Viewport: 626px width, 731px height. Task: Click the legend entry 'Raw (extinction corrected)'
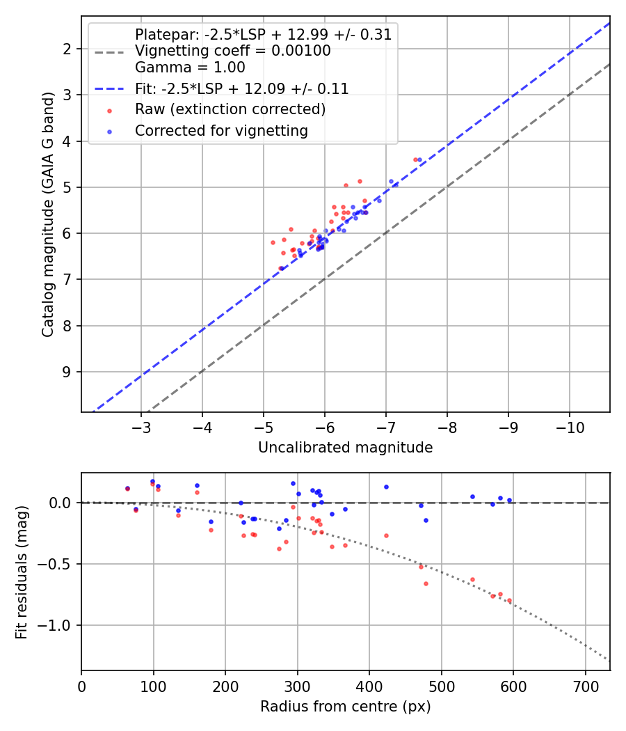[x=230, y=109]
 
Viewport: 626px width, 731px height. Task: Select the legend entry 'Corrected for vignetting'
[x=221, y=130]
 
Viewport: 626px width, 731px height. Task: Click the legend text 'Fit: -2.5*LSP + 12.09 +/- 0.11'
[x=241, y=88]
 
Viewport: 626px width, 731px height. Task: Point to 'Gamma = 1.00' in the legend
[x=190, y=68]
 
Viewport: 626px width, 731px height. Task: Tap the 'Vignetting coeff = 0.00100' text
[x=232, y=51]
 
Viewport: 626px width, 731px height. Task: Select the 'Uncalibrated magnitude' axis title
[x=345, y=448]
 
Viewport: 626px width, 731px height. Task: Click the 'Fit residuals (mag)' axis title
[x=21, y=572]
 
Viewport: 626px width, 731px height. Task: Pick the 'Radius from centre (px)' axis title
[x=345, y=707]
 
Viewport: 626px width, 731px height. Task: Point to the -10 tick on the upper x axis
[x=569, y=426]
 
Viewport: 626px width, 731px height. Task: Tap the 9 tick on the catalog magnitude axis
[x=67, y=372]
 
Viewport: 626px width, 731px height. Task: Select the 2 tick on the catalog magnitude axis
[x=67, y=49]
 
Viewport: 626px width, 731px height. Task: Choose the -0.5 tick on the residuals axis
[x=56, y=564]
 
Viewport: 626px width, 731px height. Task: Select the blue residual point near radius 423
[x=386, y=487]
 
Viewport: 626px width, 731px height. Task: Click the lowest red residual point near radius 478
[x=426, y=583]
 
